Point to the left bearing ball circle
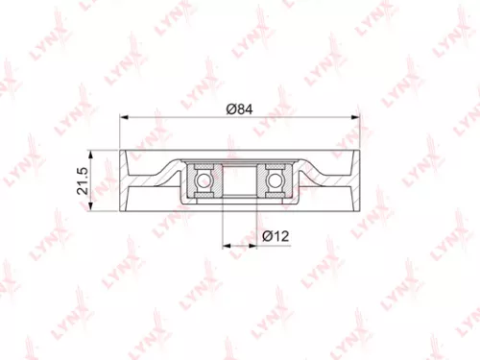(204, 180)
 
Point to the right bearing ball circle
(275, 180)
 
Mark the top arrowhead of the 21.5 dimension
(90, 154)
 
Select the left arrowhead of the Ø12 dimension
(226, 246)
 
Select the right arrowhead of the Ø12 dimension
(254, 246)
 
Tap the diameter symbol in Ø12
(264, 235)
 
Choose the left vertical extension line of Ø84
(119, 134)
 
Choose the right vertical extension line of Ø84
(361, 134)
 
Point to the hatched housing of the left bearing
(204, 167)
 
